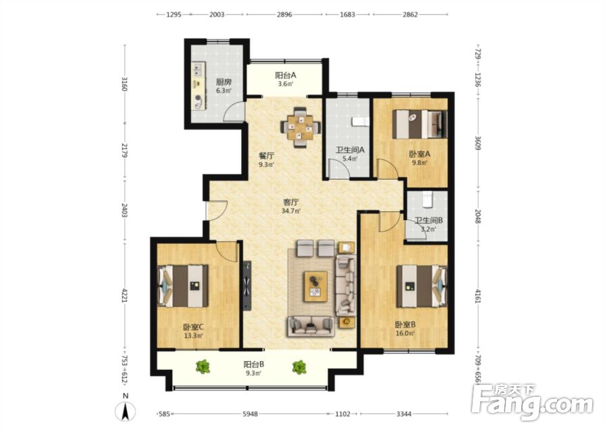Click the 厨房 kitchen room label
coord(223,82)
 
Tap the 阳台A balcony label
coord(286,75)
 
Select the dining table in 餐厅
coord(300,127)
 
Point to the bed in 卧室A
coord(420,124)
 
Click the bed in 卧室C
coord(183,286)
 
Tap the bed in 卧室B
coord(422,286)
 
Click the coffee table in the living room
coord(315,286)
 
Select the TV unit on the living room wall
coord(247,286)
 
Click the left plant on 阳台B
coord(203,367)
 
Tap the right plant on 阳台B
coord(299,367)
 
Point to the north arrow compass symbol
coord(126,410)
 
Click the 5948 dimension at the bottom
coord(250,414)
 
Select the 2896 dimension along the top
coord(284,15)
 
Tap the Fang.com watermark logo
coord(533,402)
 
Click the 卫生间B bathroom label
coord(428,220)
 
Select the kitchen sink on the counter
coord(199,71)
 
